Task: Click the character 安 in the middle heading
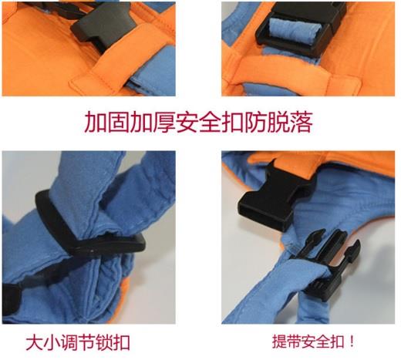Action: (187, 122)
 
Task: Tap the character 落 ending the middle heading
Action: (301, 122)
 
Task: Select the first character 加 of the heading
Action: (96, 122)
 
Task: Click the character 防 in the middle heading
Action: (255, 122)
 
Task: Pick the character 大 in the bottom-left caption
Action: (34, 342)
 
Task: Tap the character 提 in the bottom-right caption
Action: (279, 341)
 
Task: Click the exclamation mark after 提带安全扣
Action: (352, 341)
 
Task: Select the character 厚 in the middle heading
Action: (164, 122)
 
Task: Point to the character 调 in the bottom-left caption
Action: (69, 342)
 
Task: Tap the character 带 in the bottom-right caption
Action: (294, 341)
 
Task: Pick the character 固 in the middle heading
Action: (119, 122)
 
